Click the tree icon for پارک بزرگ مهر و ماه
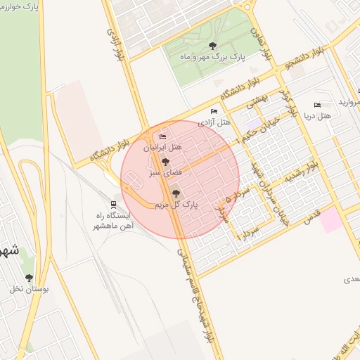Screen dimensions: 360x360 [223, 46]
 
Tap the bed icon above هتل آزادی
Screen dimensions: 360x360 [214, 111]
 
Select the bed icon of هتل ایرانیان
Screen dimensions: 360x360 [163, 136]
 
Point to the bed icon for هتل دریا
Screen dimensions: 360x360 [317, 105]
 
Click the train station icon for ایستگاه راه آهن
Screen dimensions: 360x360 [113, 204]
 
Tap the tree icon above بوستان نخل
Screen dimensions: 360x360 [29, 278]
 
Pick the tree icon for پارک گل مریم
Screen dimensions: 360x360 [176, 193]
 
